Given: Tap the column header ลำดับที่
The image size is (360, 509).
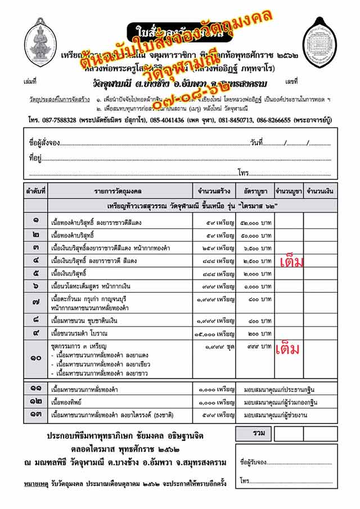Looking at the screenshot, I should (35, 191).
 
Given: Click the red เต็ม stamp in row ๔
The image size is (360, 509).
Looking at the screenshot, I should (291, 262).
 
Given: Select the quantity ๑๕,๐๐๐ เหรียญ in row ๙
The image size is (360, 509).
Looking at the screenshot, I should (215, 334).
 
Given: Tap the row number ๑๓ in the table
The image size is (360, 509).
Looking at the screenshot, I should (35, 415).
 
